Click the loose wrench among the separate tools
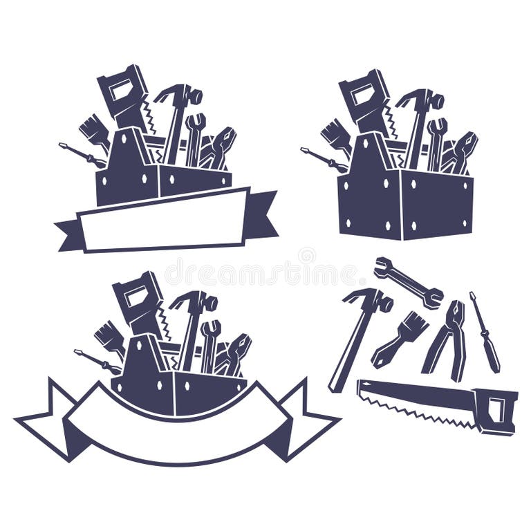[x=408, y=281]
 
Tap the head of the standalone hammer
[x=371, y=299]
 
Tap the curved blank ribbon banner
[x=176, y=425]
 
